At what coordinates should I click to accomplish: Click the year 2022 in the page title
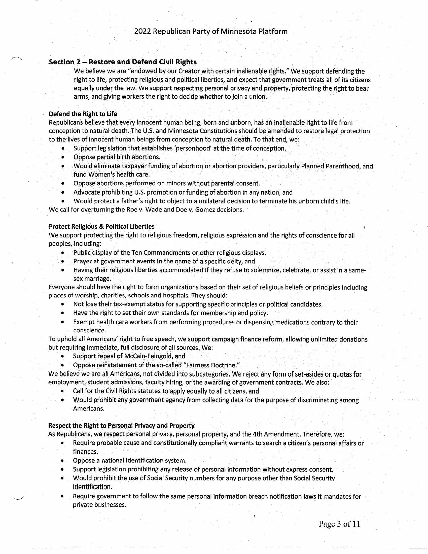[142, 31]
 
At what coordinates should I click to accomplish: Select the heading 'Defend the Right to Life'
[83, 114]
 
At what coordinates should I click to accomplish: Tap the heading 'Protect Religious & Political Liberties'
[101, 227]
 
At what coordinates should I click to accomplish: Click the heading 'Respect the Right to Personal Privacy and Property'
[121, 425]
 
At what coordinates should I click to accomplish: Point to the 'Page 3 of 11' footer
[339, 524]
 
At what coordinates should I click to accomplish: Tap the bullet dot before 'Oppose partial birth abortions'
[63, 157]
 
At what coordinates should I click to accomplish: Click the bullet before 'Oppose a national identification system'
[62, 460]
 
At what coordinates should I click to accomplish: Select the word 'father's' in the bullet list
[135, 201]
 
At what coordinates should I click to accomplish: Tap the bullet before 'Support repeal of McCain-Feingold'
[62, 356]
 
